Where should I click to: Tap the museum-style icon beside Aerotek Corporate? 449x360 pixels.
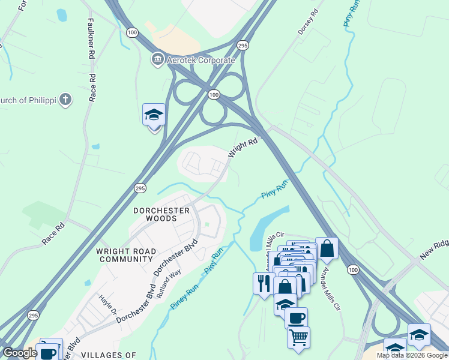pos(157,59)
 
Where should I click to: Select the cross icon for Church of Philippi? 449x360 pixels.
pos(65,100)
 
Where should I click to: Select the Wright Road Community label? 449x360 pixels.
pos(127,255)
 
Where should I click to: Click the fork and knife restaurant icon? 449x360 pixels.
pos(262,282)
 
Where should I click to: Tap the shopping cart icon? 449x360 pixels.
pos(298,337)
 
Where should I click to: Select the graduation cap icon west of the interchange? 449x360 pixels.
pos(154,114)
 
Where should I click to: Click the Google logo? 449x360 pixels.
pos(20,353)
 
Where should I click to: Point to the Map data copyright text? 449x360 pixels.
pos(412,355)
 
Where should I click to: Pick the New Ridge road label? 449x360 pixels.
pos(434,247)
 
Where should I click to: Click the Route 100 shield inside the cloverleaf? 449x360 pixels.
pos(214,95)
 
